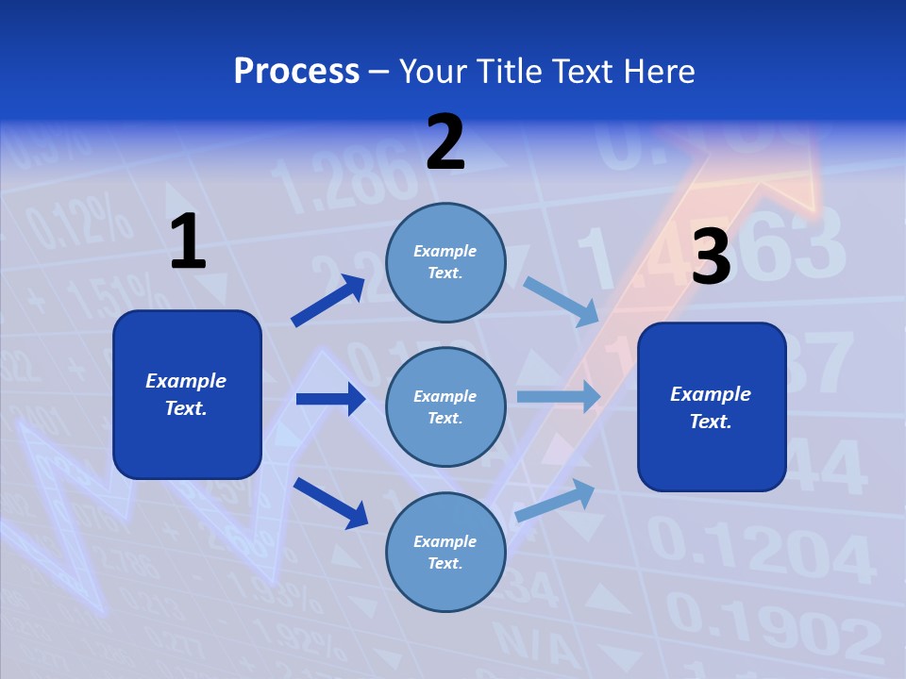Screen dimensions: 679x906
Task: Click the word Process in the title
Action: (296, 72)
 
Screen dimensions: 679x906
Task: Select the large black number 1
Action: (188, 242)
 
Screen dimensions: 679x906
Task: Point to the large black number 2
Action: (445, 142)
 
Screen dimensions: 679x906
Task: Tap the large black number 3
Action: (712, 257)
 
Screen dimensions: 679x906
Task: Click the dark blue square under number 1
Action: (187, 394)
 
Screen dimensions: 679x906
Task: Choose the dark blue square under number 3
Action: (712, 406)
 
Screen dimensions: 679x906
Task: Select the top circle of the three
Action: (445, 262)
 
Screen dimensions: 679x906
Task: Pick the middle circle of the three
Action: (445, 406)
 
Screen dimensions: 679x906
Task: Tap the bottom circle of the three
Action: (445, 552)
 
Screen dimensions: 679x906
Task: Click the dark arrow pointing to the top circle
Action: (328, 301)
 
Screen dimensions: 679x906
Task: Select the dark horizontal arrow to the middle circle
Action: (330, 399)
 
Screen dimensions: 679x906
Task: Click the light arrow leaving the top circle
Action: (561, 301)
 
